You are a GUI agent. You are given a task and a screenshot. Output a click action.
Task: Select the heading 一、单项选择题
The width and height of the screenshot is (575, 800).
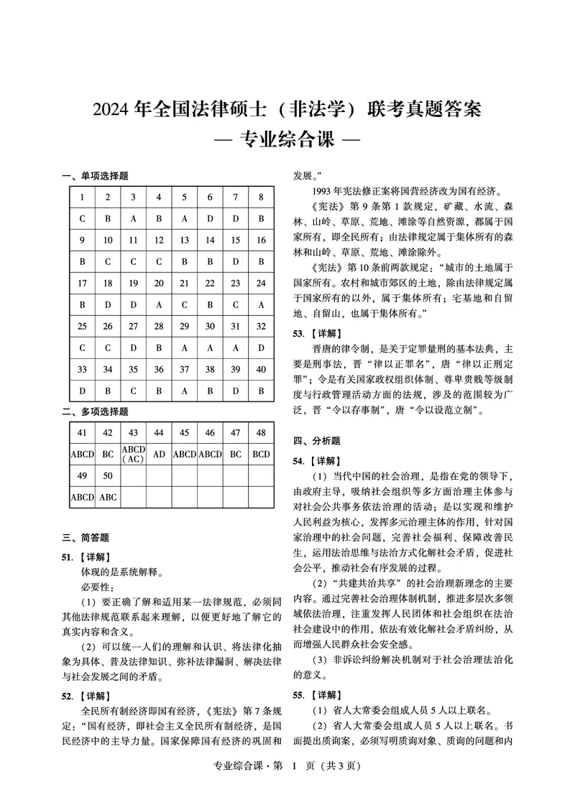point(95,177)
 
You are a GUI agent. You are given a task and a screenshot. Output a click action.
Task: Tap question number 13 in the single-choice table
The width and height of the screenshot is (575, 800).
point(185,240)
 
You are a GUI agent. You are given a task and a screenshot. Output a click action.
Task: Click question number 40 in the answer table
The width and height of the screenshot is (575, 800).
point(262,370)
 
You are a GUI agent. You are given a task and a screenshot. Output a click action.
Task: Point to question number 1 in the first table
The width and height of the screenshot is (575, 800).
point(82,197)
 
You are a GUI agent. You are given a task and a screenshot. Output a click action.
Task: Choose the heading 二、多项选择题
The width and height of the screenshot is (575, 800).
point(95,411)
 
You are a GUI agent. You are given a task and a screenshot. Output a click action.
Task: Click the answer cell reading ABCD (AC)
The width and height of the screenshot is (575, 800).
point(133,454)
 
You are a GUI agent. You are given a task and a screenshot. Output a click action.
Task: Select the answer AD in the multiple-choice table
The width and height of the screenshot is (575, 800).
point(159,454)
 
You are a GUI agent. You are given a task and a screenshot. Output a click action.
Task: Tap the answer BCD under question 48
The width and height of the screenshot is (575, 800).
point(262,454)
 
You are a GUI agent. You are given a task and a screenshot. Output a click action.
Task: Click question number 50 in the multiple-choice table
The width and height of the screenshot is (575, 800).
point(108,475)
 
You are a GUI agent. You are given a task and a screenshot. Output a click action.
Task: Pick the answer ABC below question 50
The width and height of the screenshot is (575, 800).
point(108,497)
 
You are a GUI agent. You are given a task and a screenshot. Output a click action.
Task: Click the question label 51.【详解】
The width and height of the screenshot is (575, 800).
point(86,557)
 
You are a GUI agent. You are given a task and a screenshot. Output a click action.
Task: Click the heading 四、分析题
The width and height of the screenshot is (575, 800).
point(316,441)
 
